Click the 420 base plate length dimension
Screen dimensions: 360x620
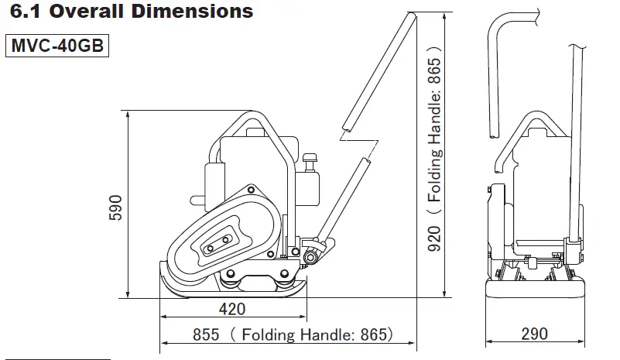click(x=231, y=310)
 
